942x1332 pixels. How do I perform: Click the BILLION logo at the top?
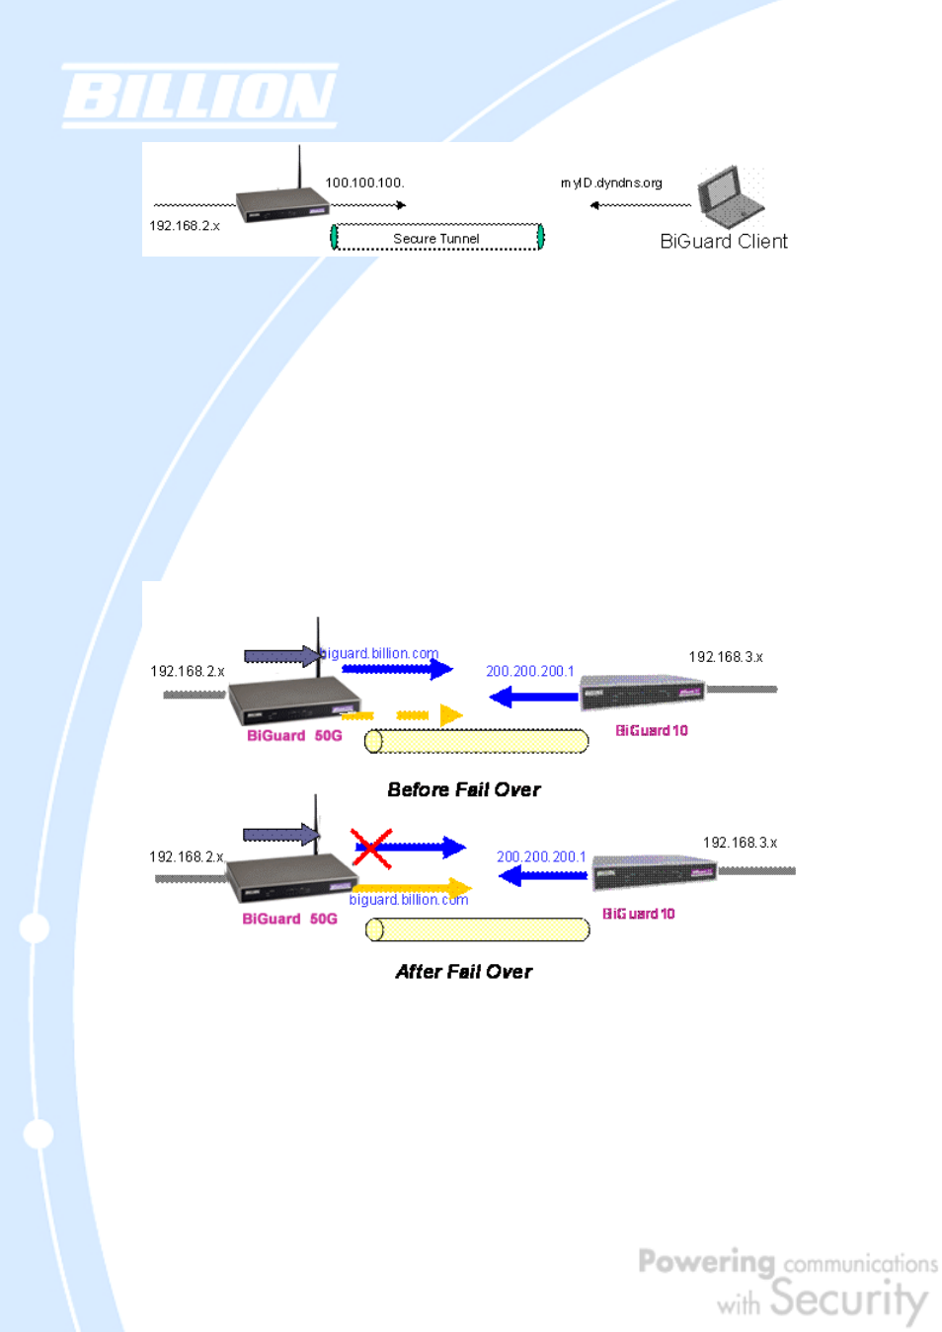199,97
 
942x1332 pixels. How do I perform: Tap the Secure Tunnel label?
436,239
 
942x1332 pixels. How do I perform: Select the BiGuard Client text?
724,242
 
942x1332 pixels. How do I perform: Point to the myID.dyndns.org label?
611,183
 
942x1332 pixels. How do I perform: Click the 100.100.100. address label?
364,183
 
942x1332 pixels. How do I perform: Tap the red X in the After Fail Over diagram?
371,849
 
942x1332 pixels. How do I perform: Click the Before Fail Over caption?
464,789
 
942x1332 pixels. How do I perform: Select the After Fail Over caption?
464,972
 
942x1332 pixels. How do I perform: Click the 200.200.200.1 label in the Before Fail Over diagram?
530,671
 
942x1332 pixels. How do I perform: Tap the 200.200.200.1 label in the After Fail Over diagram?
541,856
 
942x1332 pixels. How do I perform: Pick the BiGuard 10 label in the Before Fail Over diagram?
652,730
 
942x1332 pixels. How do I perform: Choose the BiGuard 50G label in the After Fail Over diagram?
290,919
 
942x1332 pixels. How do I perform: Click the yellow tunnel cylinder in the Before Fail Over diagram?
476,741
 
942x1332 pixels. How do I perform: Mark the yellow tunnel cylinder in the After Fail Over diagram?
477,929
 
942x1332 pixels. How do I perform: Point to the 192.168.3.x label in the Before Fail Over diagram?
726,657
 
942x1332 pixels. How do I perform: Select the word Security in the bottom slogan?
849,1299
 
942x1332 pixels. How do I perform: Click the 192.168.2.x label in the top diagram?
185,226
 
